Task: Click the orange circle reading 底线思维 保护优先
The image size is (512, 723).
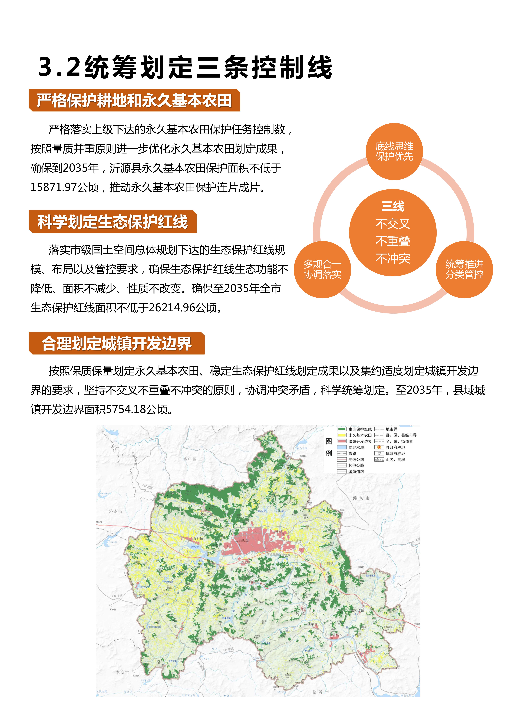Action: (394, 151)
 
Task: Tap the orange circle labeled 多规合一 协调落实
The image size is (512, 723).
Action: (322, 270)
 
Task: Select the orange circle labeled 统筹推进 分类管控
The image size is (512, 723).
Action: (464, 270)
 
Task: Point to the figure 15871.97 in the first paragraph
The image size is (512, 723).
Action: (54, 187)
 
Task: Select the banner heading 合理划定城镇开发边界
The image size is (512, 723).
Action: (117, 343)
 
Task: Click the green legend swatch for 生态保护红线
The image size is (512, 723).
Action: (342, 429)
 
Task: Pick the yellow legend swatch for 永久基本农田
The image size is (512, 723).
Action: (342, 435)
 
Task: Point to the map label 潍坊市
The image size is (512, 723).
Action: (361, 498)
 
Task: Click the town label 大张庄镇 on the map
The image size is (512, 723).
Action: (177, 627)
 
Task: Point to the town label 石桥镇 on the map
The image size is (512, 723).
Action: (329, 563)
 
